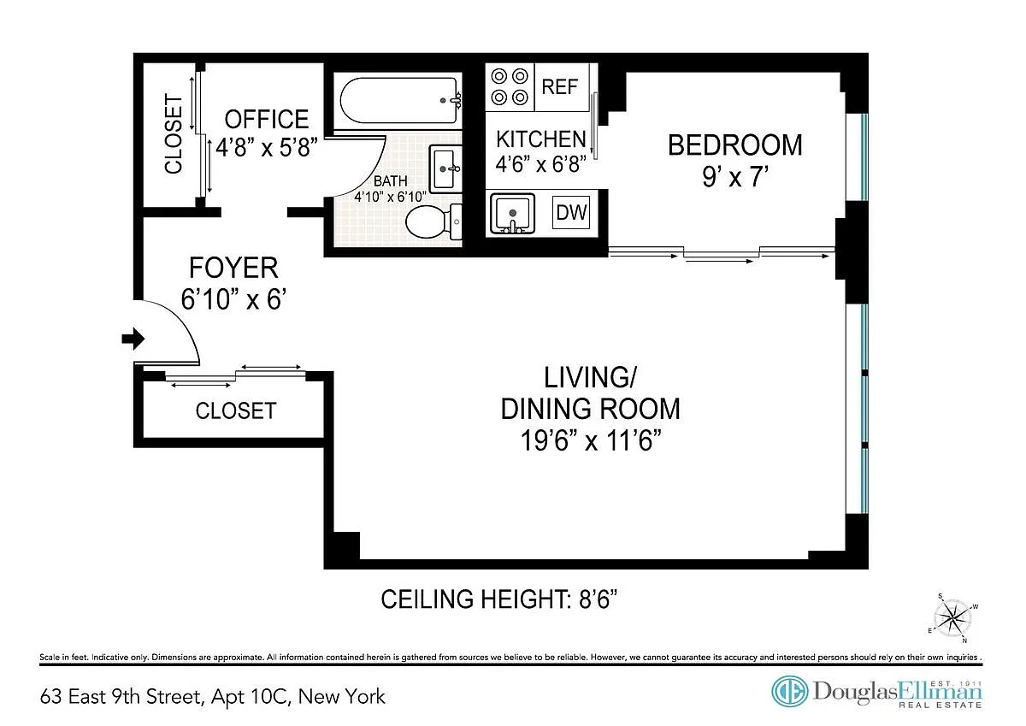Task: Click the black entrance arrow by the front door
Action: (133, 339)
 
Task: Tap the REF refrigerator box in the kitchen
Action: (562, 87)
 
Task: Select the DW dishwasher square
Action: (571, 213)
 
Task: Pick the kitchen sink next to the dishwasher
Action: (512, 214)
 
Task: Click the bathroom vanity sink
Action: (445, 168)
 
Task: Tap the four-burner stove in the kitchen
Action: (510, 87)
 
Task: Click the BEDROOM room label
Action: (735, 145)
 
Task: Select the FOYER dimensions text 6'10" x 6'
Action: (233, 299)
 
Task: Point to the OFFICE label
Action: (267, 119)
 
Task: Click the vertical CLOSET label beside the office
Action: (174, 134)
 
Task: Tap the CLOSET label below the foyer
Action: (236, 410)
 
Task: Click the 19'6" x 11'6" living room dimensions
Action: (591, 440)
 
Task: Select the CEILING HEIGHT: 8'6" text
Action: (499, 599)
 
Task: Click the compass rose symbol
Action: (952, 618)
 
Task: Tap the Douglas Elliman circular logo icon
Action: (790, 691)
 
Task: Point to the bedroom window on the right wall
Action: (864, 157)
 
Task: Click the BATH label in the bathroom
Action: (390, 181)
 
